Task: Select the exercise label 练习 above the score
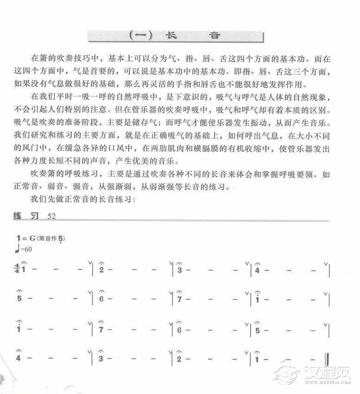tap(26, 216)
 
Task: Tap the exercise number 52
tap(51, 216)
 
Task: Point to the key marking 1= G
tap(26, 238)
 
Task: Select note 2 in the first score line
tap(101, 270)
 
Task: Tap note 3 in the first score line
tap(178, 270)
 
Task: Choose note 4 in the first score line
tap(257, 270)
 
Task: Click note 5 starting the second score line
tap(19, 299)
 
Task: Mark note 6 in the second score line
tap(101, 299)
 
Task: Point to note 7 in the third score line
tap(101, 330)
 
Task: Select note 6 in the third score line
tap(178, 330)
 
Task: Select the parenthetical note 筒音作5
tap(52, 238)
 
